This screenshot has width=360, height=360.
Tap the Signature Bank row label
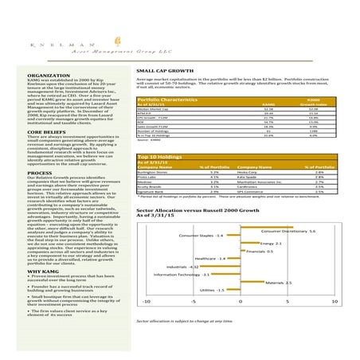tap(154, 191)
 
